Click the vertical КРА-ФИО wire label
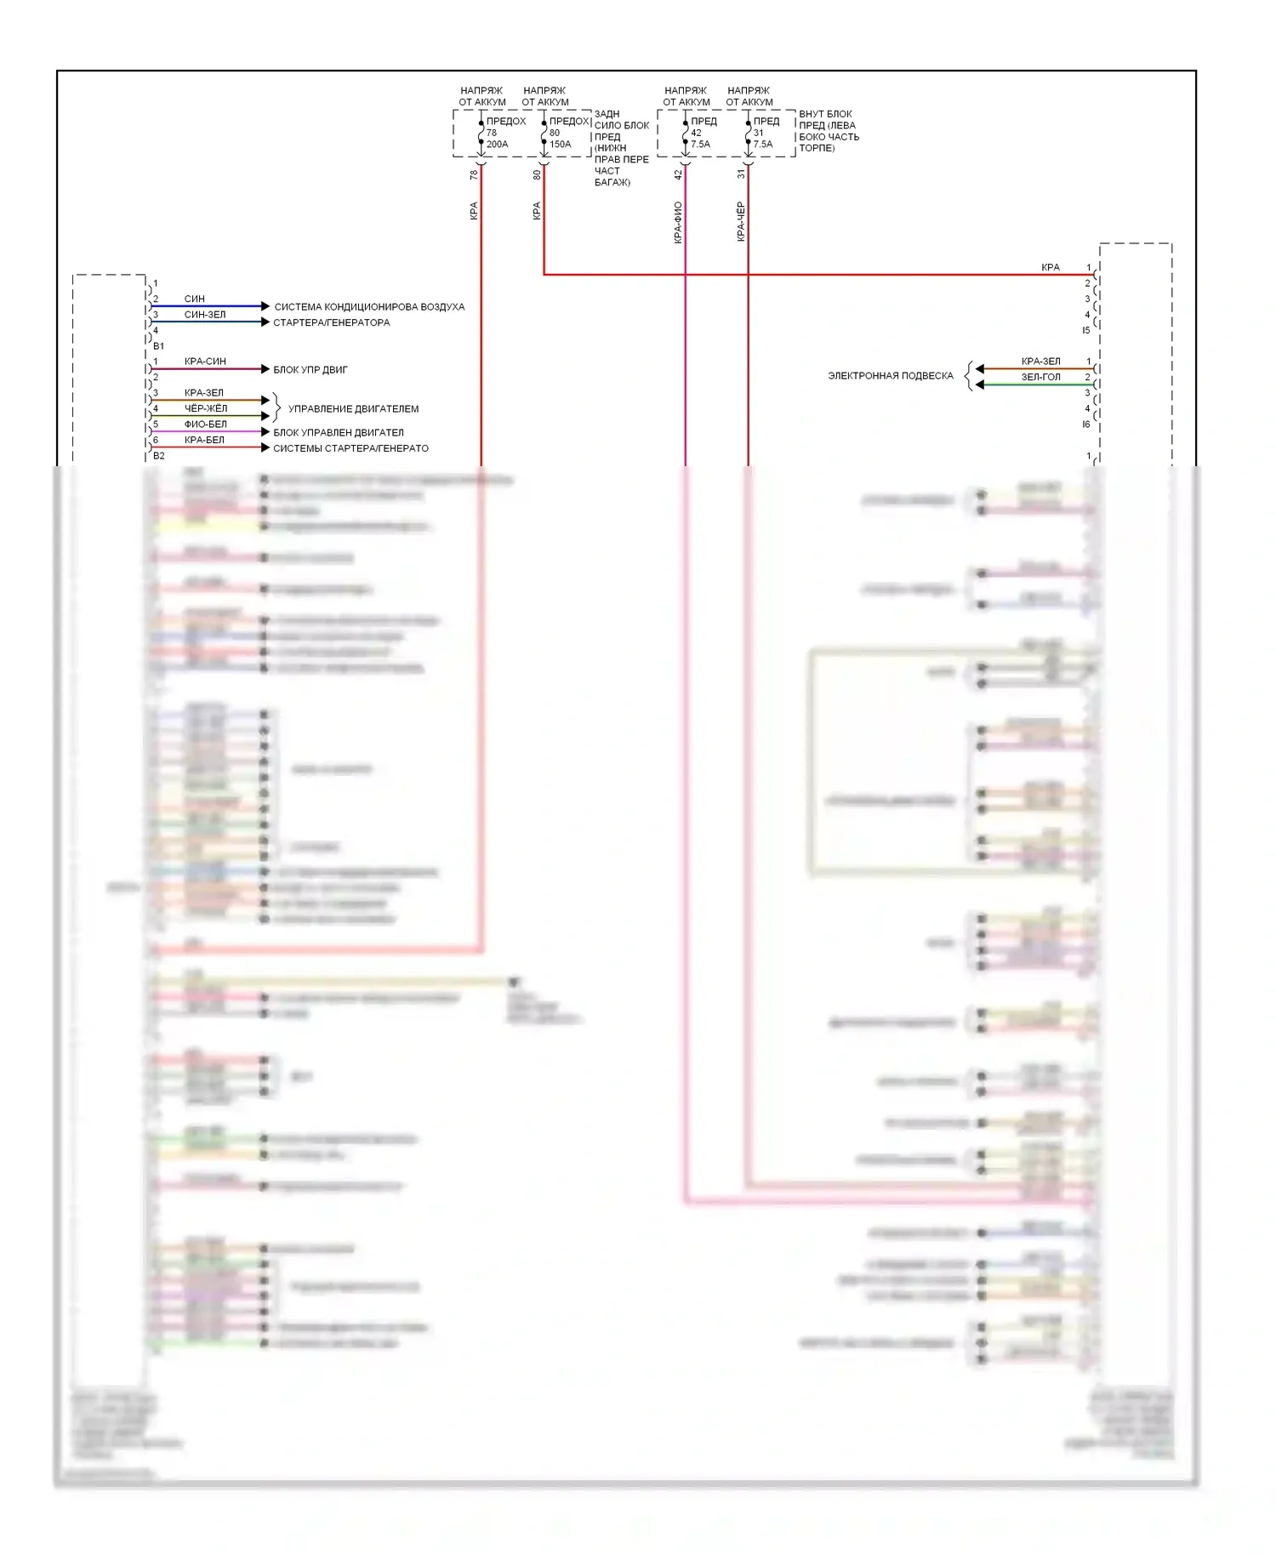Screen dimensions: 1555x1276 [678, 222]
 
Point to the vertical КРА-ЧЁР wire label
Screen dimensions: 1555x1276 [741, 221]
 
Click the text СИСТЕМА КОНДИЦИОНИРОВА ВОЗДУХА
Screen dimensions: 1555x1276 [369, 307]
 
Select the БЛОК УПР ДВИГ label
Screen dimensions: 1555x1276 [310, 370]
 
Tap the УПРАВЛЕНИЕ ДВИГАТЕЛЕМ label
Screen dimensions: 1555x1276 [353, 409]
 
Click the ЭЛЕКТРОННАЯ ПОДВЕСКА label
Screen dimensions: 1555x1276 [891, 376]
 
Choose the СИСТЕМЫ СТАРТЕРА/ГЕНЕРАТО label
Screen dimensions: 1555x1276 [350, 448]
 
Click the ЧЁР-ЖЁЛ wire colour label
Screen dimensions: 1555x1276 [206, 408]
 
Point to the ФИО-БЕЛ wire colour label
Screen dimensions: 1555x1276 [206, 424]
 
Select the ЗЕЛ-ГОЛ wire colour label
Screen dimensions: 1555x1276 [1040, 377]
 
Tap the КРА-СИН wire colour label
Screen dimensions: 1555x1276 [205, 362]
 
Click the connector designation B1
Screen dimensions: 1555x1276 [159, 346]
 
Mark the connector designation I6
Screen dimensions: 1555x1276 [1086, 424]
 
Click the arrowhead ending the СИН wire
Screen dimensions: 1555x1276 [265, 306]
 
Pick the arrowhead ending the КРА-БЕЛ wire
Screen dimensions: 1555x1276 [265, 447]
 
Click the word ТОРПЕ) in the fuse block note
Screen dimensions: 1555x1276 [817, 148]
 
